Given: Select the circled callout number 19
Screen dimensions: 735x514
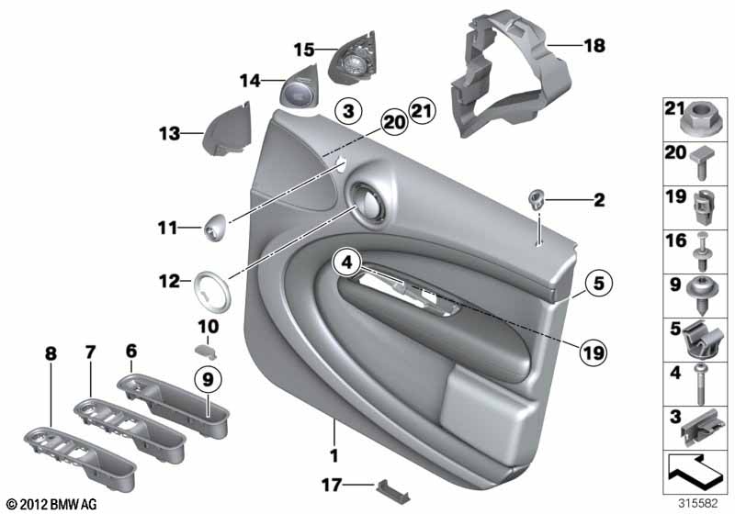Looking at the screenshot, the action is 593,352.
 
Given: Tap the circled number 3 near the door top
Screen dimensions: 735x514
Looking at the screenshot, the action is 348,112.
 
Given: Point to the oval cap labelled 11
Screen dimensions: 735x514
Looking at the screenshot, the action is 215,227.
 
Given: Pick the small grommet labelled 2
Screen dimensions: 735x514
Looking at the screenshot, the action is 537,199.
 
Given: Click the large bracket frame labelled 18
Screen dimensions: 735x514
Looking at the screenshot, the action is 511,75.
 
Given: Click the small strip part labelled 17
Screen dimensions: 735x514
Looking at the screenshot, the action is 393,491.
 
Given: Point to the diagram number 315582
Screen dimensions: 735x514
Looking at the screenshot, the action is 697,503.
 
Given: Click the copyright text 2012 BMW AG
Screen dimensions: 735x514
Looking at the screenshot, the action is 52,504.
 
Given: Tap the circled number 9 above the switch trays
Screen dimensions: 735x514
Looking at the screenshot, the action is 208,379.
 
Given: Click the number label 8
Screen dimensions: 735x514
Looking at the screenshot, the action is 51,354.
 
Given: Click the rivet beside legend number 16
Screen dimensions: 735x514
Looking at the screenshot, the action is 702,251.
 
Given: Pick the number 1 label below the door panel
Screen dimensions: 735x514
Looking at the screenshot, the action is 334,455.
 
